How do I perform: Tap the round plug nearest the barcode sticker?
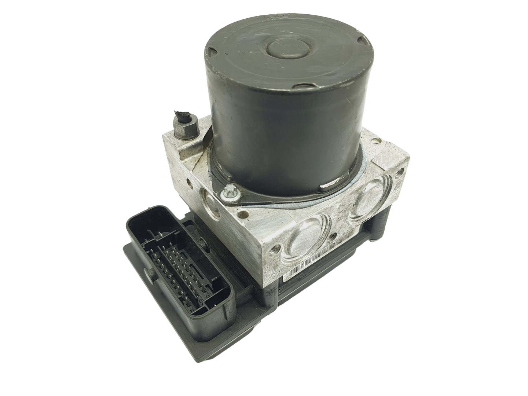[x=307, y=243]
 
